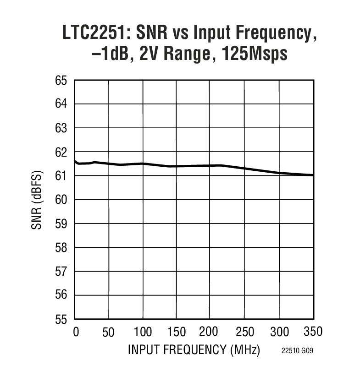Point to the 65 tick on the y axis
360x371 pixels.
coord(61,81)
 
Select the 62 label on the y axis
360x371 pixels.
coord(61,152)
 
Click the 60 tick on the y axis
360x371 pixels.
coord(61,200)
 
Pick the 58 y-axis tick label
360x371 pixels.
coord(61,247)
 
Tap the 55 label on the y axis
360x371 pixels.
coord(61,319)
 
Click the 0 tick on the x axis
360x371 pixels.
coord(76,332)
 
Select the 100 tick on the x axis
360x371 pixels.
coord(143,332)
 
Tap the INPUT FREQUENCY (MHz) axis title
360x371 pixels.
coord(194,350)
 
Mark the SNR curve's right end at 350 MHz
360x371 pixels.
coord(313,175)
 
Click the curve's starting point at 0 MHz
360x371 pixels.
coord(75,161)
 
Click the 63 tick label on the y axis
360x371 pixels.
coord(61,128)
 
